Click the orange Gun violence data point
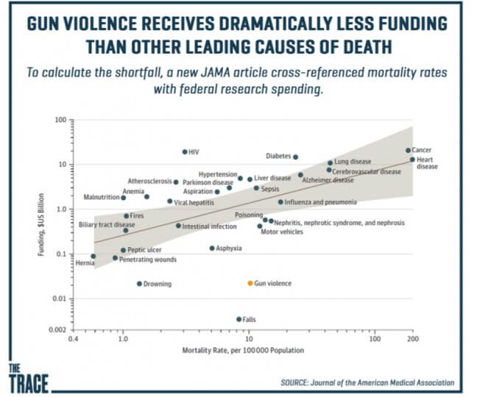pyautogui.click(x=250, y=283)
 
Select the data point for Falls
pyautogui.click(x=239, y=319)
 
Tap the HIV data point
pyautogui.click(x=185, y=152)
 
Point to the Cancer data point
pyautogui.click(x=408, y=151)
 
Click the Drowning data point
pyautogui.click(x=139, y=284)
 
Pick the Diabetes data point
pyautogui.click(x=295, y=157)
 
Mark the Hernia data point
pyautogui.click(x=93, y=256)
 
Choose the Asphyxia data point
pyautogui.click(x=212, y=248)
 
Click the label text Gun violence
pyautogui.click(x=272, y=283)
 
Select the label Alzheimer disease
pyautogui.click(x=328, y=179)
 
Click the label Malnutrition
pyautogui.click(x=101, y=198)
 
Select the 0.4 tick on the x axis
pyautogui.click(x=72, y=340)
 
